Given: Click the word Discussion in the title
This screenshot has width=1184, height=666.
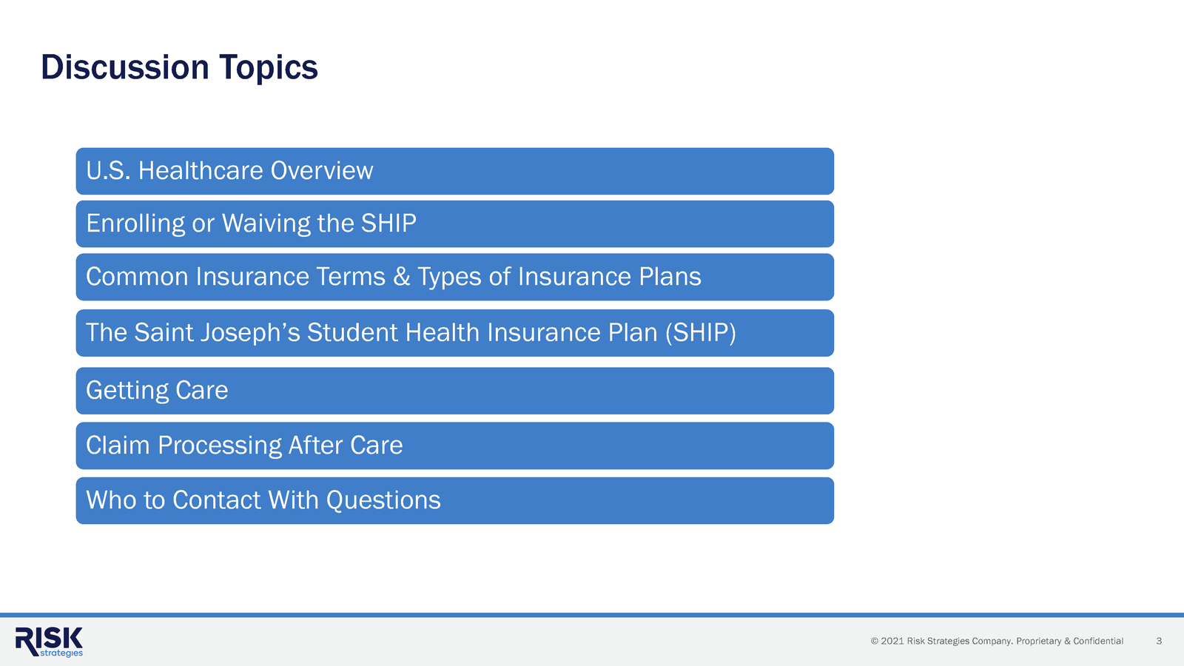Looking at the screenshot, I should [x=124, y=67].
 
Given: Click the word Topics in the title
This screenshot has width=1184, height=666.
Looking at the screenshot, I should [x=268, y=67].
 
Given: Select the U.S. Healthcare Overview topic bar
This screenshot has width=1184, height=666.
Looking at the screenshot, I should [x=454, y=171].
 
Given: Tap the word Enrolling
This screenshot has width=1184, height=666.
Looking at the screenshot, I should [x=135, y=223].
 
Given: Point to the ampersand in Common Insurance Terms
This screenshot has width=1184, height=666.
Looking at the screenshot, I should [x=402, y=277].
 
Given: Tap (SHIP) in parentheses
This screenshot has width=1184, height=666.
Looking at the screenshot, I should [x=700, y=333].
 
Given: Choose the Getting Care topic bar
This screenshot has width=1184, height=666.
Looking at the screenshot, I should [x=454, y=391].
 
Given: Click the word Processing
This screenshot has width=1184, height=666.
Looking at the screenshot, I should [x=220, y=445].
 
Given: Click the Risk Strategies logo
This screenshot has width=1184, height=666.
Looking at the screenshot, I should [x=50, y=642].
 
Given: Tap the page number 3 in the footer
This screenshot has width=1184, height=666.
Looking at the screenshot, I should [x=1159, y=641].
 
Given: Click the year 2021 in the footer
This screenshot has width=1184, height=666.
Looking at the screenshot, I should [x=892, y=641].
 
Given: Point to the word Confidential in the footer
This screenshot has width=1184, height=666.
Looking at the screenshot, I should [x=1098, y=641].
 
